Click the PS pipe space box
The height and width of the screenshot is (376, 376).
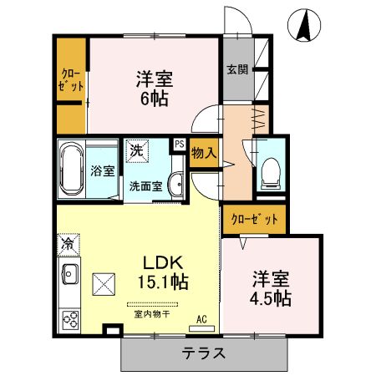[180, 144]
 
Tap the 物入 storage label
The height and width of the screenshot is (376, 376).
[204, 154]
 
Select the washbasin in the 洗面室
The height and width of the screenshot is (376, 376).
[175, 185]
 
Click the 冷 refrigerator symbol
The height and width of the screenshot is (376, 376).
[66, 245]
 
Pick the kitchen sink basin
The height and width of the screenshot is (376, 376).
[69, 274]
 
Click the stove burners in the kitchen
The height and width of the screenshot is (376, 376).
[69, 318]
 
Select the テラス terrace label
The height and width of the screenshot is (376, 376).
[204, 353]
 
